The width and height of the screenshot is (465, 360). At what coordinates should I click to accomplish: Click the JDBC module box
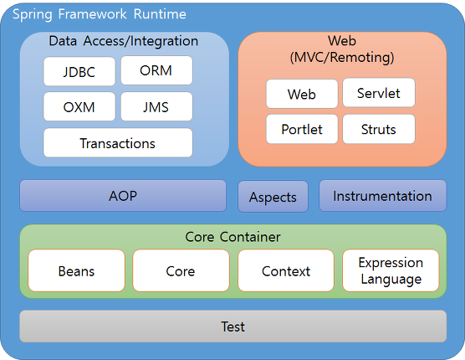click(79, 71)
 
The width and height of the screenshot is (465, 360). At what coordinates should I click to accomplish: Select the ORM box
click(156, 70)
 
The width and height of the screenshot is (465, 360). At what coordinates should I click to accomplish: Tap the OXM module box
click(79, 106)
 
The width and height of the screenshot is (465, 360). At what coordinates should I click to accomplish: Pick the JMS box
click(156, 106)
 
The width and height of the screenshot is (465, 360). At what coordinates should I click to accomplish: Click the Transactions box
click(118, 143)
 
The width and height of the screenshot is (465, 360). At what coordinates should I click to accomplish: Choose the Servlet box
click(379, 93)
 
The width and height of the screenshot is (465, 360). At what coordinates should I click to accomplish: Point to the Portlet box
click(302, 129)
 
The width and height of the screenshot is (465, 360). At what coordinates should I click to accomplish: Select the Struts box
click(379, 129)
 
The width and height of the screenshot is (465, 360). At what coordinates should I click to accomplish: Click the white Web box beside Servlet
click(302, 94)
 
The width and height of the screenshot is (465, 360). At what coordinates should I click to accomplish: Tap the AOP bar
click(123, 196)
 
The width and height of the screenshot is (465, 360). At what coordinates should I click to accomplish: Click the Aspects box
click(273, 197)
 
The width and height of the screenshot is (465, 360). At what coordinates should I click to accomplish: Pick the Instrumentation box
click(382, 196)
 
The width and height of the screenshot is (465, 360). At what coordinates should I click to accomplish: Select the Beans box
click(76, 270)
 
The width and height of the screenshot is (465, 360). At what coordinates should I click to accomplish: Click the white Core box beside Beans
click(181, 270)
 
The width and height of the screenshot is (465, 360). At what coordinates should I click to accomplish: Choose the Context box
click(286, 270)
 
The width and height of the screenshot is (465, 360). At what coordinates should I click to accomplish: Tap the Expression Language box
click(391, 270)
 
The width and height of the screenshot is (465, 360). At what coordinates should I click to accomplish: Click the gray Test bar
click(233, 327)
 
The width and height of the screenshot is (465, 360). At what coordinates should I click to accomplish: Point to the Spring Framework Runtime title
click(100, 14)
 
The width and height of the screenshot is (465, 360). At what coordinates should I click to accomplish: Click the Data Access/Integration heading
click(124, 41)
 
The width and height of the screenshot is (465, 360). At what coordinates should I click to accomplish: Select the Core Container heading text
click(232, 237)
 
